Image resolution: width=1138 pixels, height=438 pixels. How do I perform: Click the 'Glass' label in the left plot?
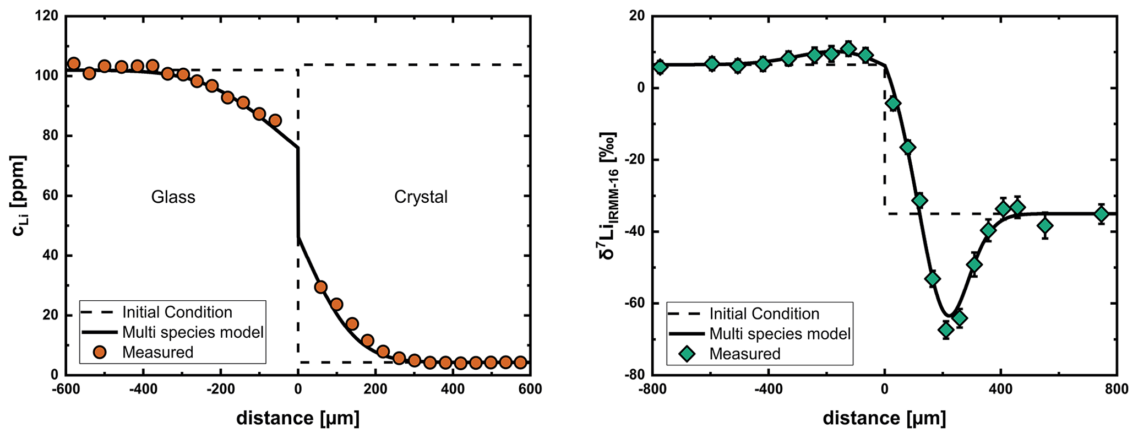click(x=173, y=197)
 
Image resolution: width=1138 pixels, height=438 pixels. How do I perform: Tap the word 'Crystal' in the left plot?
click(x=421, y=197)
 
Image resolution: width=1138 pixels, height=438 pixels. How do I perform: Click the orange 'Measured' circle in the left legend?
click(x=100, y=352)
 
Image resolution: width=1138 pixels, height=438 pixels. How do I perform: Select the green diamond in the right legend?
click(x=687, y=354)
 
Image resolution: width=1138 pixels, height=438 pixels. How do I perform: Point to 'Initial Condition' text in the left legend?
click(x=177, y=312)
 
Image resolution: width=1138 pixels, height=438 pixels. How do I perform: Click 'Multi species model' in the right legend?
click(x=780, y=333)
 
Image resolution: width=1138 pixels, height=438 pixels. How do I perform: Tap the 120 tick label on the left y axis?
click(x=47, y=16)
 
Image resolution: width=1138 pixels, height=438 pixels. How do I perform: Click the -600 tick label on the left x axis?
click(x=66, y=390)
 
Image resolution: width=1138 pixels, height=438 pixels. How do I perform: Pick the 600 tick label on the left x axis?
click(x=530, y=390)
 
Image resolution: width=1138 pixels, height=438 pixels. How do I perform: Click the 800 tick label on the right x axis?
click(x=1116, y=390)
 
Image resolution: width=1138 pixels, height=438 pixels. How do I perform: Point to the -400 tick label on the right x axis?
click(x=768, y=390)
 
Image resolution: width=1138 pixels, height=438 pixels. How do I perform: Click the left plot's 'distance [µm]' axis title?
click(x=298, y=418)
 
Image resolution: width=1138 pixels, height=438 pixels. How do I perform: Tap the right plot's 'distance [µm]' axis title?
click(x=884, y=418)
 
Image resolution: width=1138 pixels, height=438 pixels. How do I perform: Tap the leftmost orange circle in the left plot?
click(x=74, y=63)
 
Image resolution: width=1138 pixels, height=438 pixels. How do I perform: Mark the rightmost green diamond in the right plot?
click(x=1101, y=214)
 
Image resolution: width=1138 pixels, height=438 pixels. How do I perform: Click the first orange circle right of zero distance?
click(x=320, y=286)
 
